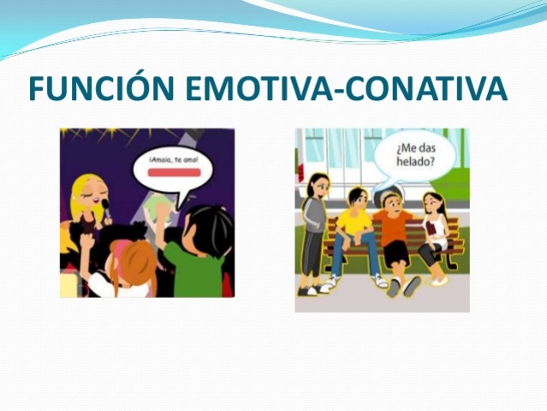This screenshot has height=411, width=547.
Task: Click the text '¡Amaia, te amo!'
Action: [174, 158]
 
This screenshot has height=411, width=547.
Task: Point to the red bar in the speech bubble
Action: [174, 172]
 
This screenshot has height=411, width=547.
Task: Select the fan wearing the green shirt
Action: [199, 261]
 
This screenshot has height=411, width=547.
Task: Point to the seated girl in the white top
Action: [435, 227]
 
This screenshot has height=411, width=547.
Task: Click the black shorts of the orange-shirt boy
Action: [396, 253]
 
